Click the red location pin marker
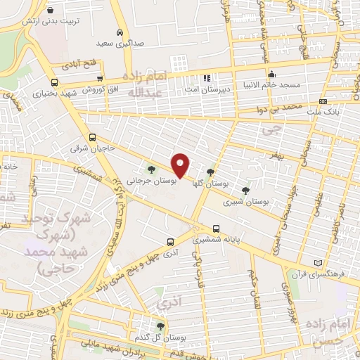point(181,165)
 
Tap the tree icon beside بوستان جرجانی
point(151,169)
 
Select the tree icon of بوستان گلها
point(210,172)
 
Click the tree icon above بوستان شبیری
point(245,191)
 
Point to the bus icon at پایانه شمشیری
point(216,229)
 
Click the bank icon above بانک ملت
point(323,101)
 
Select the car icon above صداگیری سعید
point(120,33)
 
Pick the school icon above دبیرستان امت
point(207,78)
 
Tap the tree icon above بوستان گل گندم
point(161,326)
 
